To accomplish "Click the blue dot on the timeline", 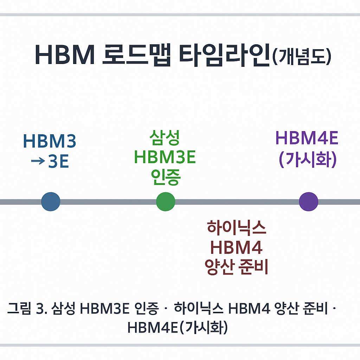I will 51,202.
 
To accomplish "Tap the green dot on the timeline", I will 165,202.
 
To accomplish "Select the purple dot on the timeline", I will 308,202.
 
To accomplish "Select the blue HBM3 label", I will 49,141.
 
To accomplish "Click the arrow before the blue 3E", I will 38,161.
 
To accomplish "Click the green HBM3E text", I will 165,157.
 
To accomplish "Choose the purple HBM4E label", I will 307,138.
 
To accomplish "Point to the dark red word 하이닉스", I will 236,228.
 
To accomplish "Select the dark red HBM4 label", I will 236,247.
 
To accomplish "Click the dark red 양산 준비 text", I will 236,268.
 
